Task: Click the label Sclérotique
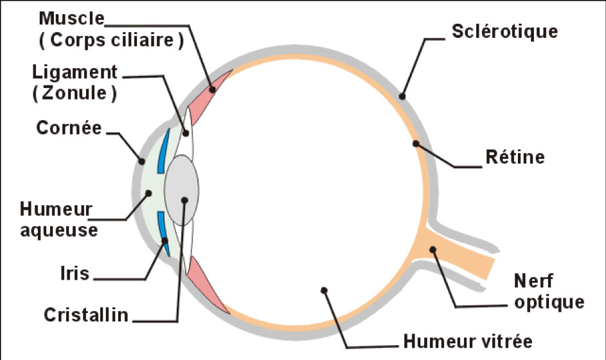504,30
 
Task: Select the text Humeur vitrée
467,339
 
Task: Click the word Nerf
533,281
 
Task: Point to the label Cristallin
86,316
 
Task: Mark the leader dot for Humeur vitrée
325,290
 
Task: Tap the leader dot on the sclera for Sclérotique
402,96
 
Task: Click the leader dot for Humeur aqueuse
148,192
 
